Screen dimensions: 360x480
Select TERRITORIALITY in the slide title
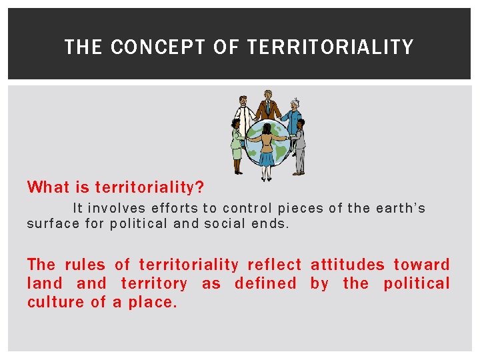(x=330, y=47)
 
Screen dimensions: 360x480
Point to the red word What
(x=48, y=187)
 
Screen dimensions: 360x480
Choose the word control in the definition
(x=247, y=209)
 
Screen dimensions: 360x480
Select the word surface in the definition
(x=53, y=224)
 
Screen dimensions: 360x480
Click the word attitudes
(x=347, y=265)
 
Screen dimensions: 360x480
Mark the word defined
(x=265, y=283)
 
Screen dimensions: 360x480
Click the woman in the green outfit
(x=237, y=143)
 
